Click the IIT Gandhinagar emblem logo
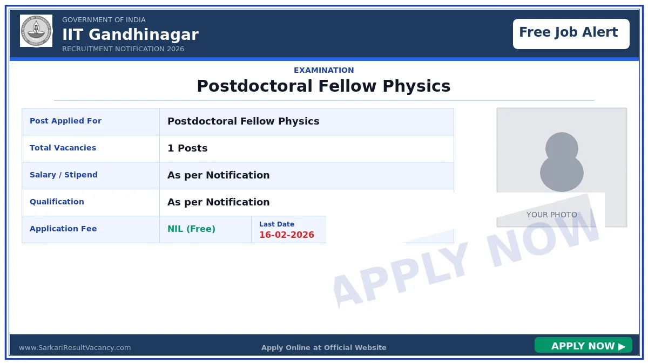tap(36, 31)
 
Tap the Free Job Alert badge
tap(571, 33)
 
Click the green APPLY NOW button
tap(583, 346)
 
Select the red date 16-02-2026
tap(286, 235)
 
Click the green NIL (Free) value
tap(191, 229)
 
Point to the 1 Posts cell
tap(187, 148)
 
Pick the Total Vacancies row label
tap(63, 148)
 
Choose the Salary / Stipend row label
tap(64, 175)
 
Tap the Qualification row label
tap(57, 202)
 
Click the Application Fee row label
tap(63, 229)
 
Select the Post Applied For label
tap(65, 121)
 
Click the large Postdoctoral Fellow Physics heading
tap(323, 86)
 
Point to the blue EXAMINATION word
tap(323, 70)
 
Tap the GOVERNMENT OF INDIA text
tap(104, 20)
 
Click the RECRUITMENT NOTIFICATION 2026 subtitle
tap(123, 49)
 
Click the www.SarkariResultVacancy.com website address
tap(75, 348)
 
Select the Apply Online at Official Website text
tap(323, 348)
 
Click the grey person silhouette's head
tap(562, 147)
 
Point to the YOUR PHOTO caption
tap(551, 215)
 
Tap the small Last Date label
tap(276, 224)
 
